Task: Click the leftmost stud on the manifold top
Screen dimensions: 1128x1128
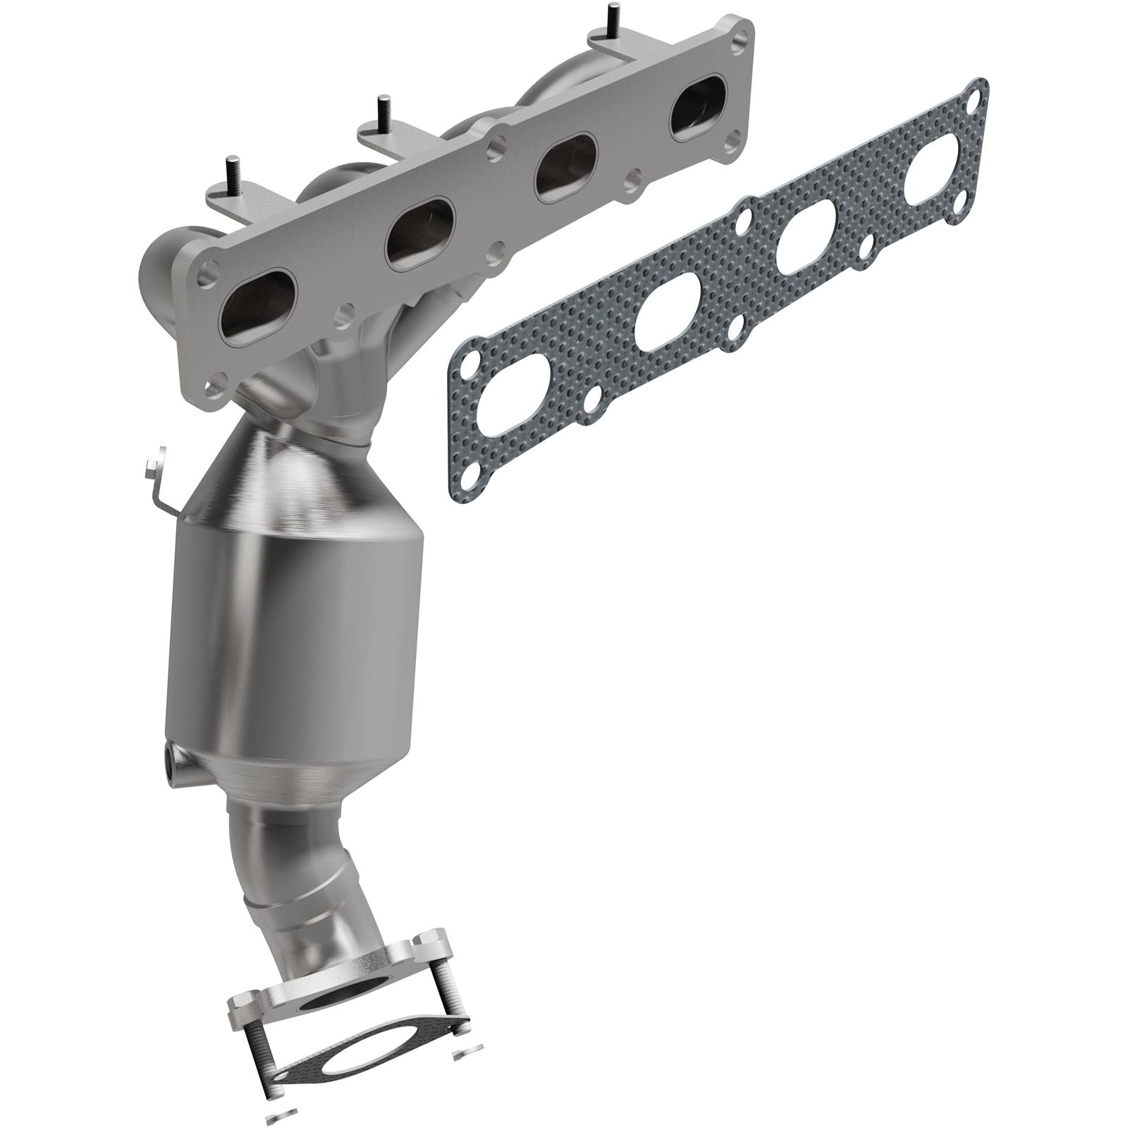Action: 231,171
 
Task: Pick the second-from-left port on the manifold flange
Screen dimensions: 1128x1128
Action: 421,233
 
